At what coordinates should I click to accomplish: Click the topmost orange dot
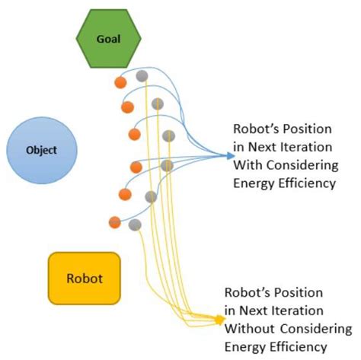[x=120, y=81]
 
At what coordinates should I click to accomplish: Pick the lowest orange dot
[x=115, y=222]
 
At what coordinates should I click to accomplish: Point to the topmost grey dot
[x=142, y=75]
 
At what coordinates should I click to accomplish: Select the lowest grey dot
[x=136, y=225]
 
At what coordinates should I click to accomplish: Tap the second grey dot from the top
[x=157, y=104]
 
